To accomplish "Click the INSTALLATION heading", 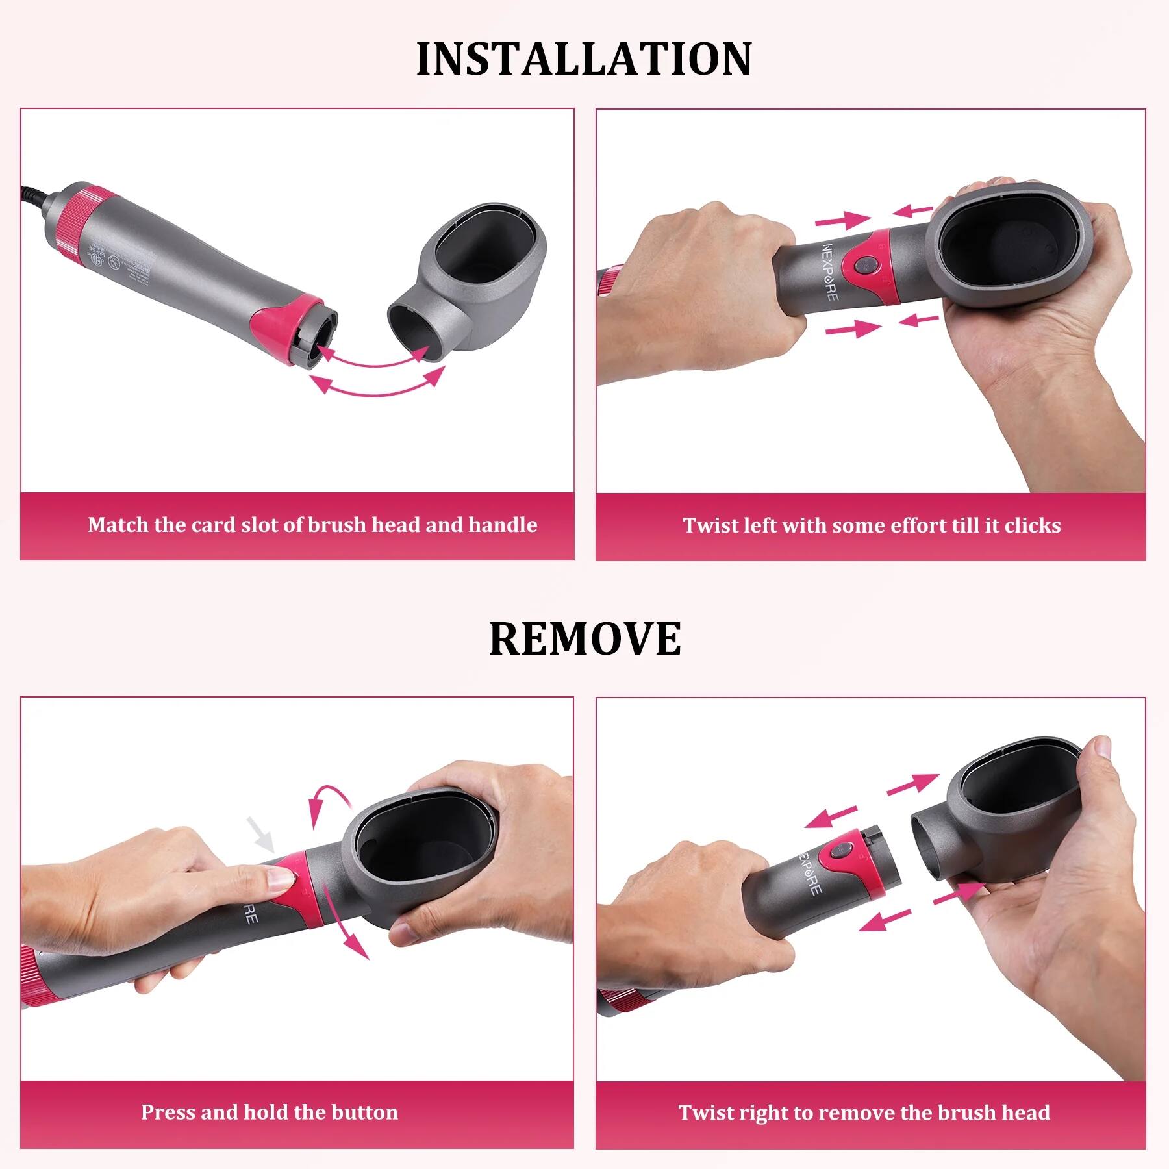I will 584,59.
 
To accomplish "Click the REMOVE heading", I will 584,638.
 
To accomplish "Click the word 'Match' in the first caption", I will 118,525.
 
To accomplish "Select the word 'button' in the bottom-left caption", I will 364,1112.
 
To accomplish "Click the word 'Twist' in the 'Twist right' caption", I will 707,1112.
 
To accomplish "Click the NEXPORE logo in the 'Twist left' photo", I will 831,272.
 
